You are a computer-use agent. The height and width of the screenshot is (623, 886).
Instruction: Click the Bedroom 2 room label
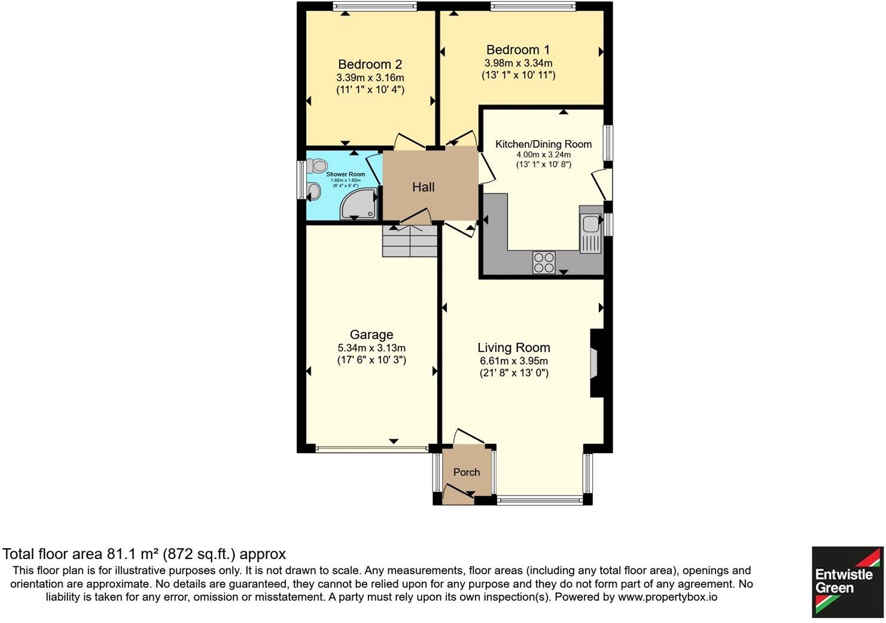coord(370,65)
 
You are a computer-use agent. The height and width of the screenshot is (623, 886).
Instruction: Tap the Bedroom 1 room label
coord(518,50)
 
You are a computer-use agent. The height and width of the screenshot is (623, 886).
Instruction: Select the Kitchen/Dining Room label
coord(543,144)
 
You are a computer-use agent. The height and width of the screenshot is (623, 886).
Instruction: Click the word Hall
coord(423,187)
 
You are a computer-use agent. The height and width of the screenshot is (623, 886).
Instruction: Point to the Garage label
coord(372,335)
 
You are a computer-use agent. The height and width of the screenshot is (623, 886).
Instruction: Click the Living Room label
coord(513,348)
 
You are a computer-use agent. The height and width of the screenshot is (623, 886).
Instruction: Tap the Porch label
coord(466,472)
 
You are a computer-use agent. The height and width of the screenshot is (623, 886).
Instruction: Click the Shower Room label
coord(345,174)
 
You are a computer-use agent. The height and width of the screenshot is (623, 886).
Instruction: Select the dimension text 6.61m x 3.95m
coord(513,361)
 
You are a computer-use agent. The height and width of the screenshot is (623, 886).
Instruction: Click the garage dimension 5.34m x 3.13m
coord(372,348)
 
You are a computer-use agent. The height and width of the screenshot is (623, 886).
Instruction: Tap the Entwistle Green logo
coord(847,582)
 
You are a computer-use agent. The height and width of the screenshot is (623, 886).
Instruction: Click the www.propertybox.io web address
coord(667,597)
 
